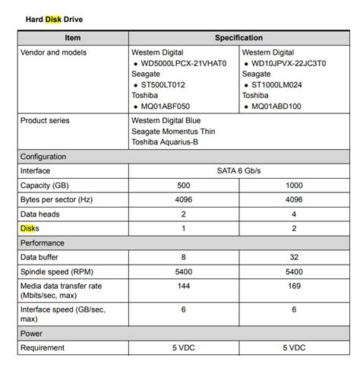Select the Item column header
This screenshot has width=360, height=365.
coord(73,37)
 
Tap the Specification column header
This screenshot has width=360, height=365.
coord(238,37)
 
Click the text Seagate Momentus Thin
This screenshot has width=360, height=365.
coord(175,132)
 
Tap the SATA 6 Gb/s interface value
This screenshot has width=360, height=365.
coord(238,171)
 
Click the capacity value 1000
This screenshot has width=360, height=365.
coord(293,186)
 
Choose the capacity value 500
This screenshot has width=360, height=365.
coord(183,186)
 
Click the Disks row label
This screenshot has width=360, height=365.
coord(30,228)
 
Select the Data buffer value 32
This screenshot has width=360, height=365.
coord(293,257)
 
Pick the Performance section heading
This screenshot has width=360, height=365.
coord(43,243)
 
